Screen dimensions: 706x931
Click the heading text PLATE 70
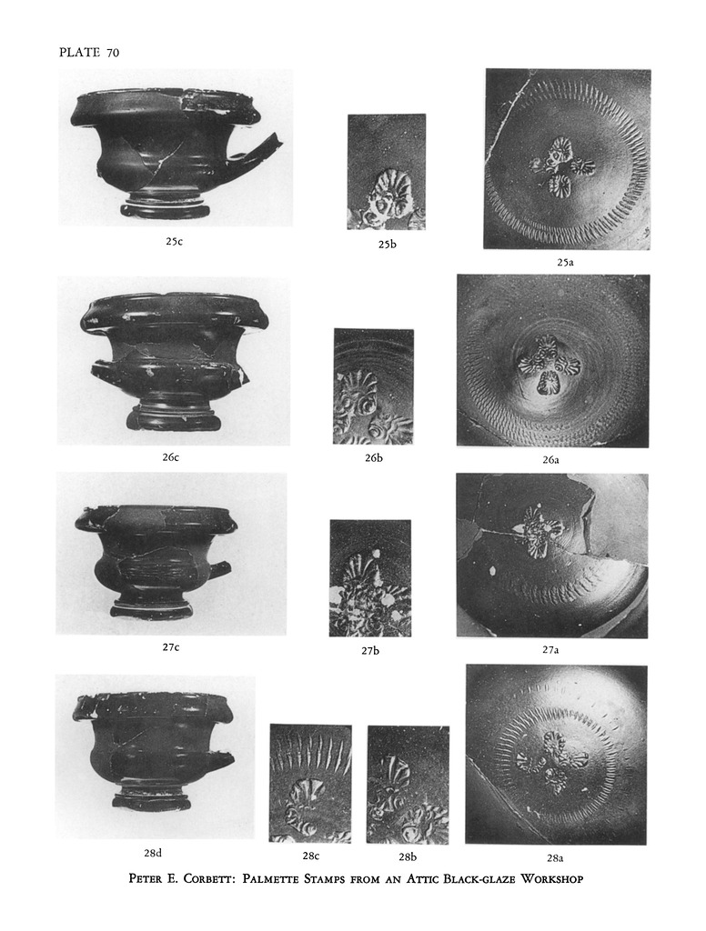click(89, 52)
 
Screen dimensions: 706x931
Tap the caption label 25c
click(174, 241)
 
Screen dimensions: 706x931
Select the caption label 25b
click(387, 244)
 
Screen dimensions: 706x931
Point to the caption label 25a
click(565, 262)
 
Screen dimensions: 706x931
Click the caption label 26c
click(171, 457)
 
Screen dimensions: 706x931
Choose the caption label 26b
click(374, 458)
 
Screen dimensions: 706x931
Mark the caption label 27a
click(551, 649)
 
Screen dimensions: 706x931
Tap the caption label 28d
click(153, 853)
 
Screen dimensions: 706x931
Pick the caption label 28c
click(311, 856)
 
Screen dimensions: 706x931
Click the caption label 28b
click(408, 856)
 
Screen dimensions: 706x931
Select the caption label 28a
click(555, 857)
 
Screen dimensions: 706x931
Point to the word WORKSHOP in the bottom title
click(551, 879)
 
